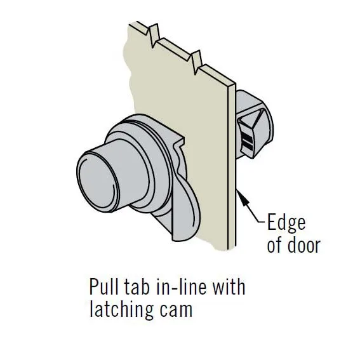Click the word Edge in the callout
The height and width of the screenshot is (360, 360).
[x=286, y=222]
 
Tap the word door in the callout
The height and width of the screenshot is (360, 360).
[x=303, y=244]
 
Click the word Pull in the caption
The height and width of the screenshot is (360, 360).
[x=103, y=286]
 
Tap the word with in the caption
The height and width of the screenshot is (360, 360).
[x=229, y=286]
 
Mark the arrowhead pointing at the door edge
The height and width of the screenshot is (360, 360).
[x=243, y=197]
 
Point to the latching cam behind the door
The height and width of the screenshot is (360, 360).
[x=255, y=124]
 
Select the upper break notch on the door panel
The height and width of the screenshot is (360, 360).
[x=154, y=35]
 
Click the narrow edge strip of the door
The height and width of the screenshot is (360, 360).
[x=232, y=165]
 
